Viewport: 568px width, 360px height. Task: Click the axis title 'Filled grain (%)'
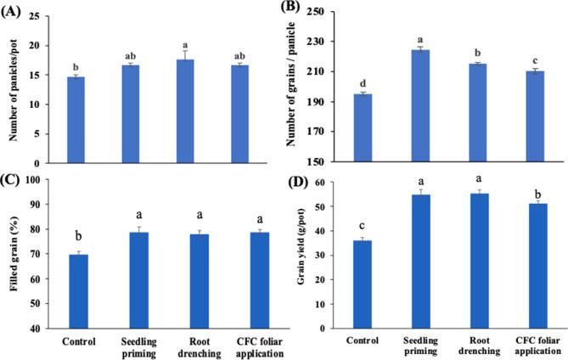pyautogui.click(x=16, y=255)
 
